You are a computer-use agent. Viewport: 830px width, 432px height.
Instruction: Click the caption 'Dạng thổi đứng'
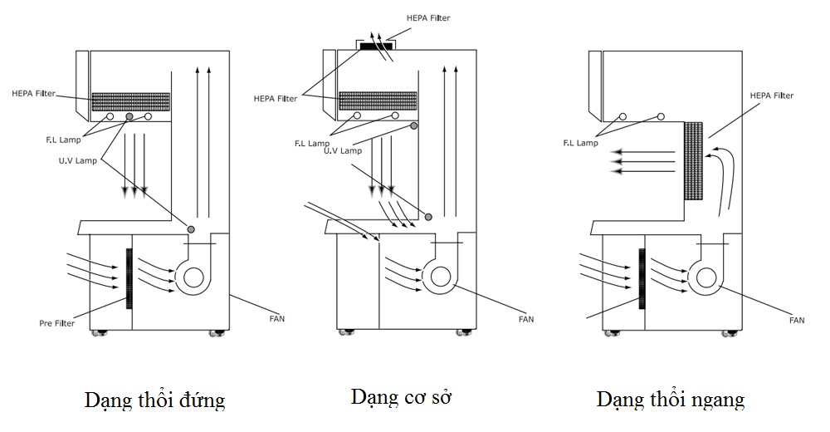tap(154, 400)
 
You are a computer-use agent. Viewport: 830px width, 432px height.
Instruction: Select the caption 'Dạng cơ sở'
tap(406, 395)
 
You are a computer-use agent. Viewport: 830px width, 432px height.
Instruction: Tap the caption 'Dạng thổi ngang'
tap(670, 400)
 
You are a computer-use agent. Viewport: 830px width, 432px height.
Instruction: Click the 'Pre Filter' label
tap(56, 323)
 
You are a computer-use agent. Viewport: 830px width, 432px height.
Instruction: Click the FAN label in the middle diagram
tap(525, 318)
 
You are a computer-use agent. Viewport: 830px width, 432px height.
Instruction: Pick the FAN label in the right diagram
tap(797, 319)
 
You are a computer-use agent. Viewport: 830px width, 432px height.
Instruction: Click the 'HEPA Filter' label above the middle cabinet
tap(429, 17)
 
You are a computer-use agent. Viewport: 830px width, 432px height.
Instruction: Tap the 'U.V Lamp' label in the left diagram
tap(78, 161)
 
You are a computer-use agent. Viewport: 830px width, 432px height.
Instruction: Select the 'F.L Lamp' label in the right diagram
tap(581, 143)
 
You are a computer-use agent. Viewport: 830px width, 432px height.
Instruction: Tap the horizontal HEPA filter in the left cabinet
tap(131, 101)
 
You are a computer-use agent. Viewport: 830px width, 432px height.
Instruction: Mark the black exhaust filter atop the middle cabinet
tap(376, 48)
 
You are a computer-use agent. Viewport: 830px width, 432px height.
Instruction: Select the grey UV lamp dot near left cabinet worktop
tap(191, 228)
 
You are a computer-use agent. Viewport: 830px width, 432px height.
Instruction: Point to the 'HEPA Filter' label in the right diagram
tap(772, 96)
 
